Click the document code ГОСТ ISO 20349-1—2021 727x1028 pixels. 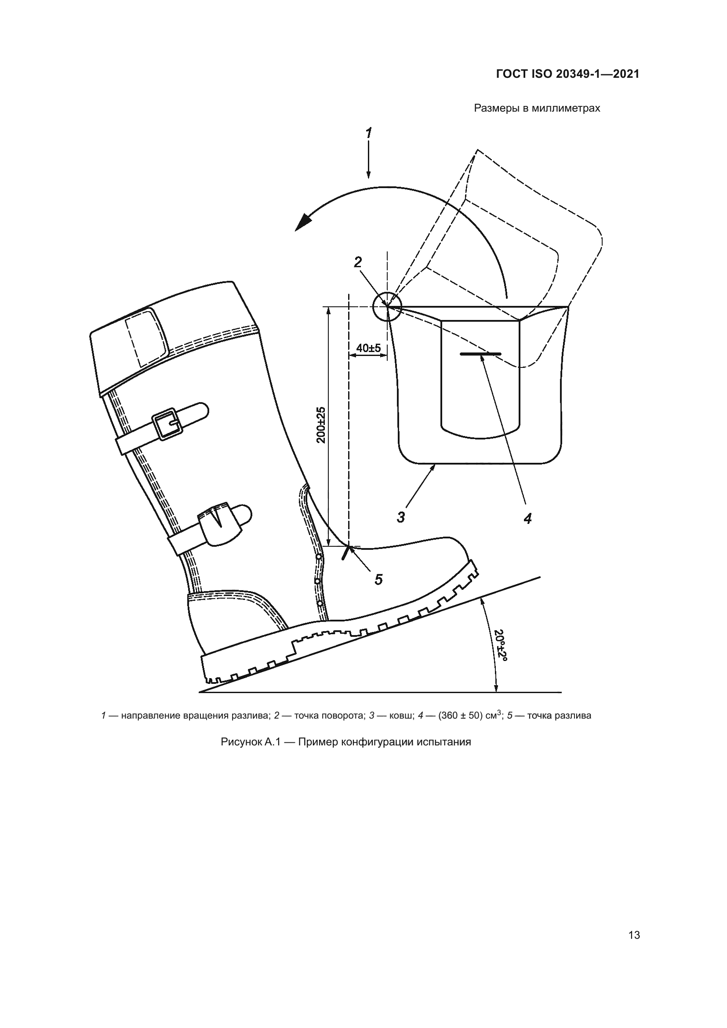click(567, 74)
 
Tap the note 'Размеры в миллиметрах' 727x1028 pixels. click(537, 109)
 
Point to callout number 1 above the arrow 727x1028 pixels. click(369, 133)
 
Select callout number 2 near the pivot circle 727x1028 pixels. click(358, 262)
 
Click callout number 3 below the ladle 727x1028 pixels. click(401, 517)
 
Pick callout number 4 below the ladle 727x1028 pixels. click(528, 519)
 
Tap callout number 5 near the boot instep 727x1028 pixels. click(379, 580)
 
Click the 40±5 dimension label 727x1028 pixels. click(368, 348)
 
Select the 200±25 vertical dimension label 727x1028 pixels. click(321, 425)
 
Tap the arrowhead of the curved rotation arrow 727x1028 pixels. click(304, 222)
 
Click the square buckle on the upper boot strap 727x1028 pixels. click(167, 425)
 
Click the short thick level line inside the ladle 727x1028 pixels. click(481, 354)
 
